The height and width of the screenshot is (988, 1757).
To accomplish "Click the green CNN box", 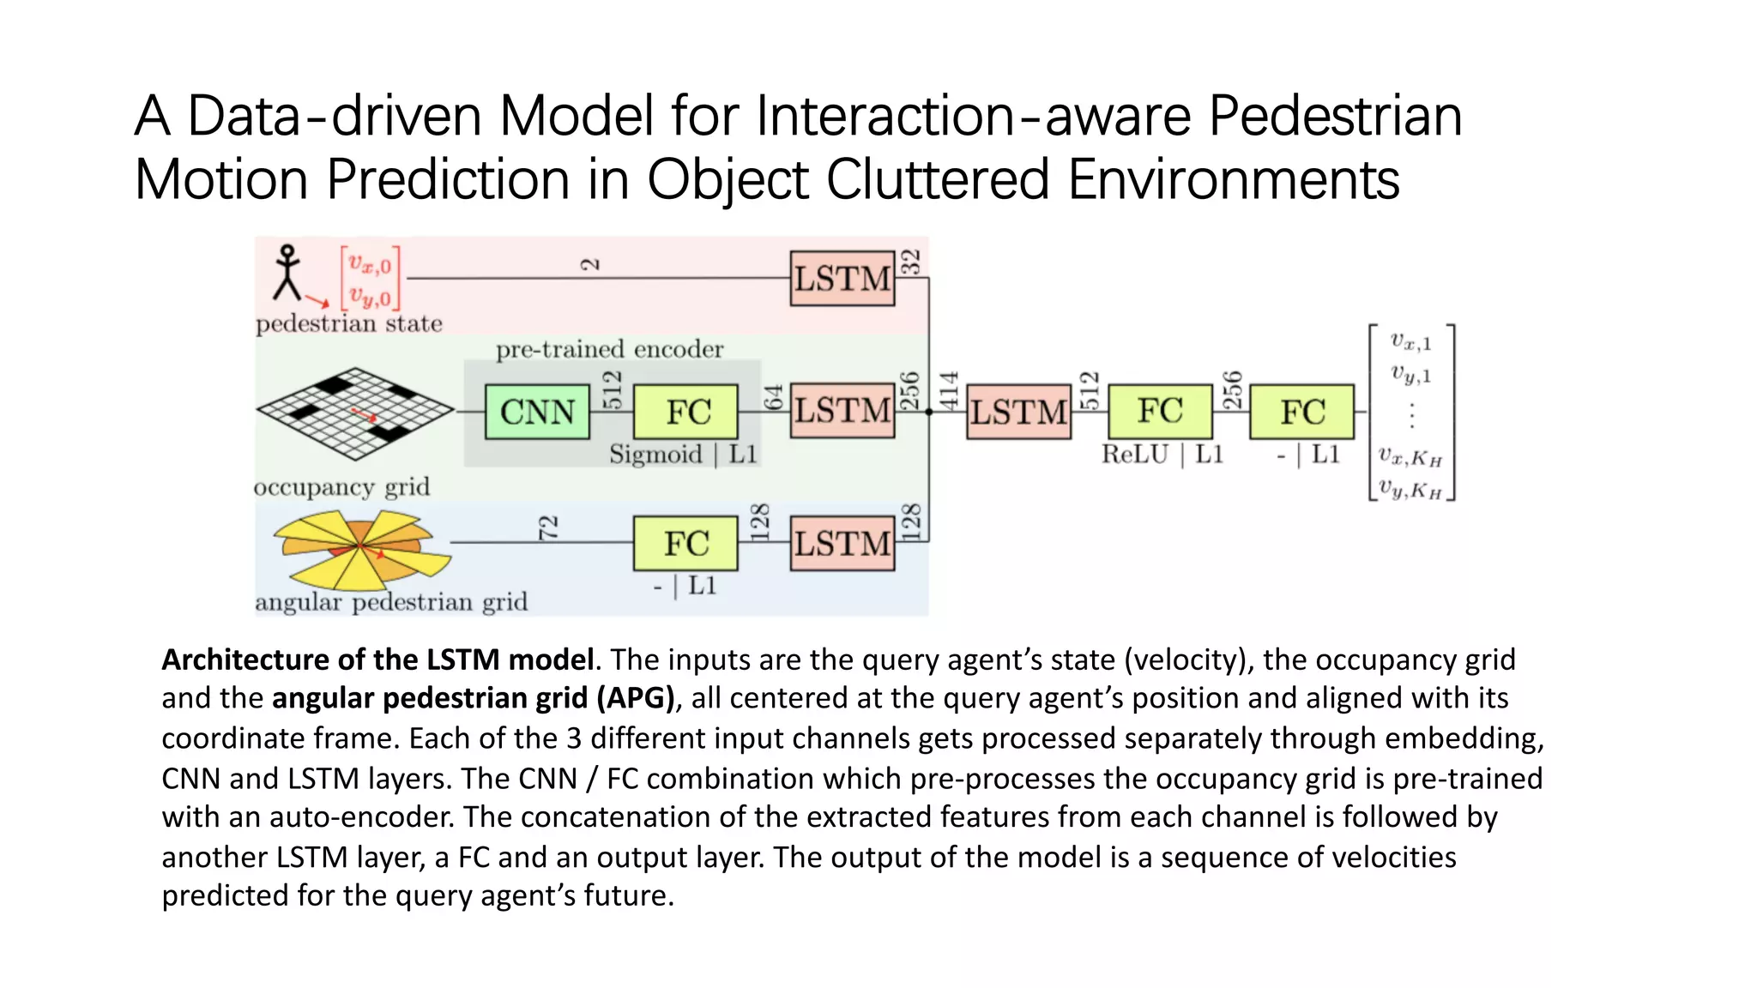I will [537, 412].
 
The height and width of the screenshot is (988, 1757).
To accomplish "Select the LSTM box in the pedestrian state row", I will [842, 279].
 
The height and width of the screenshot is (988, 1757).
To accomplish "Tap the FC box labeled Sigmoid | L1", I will [685, 412].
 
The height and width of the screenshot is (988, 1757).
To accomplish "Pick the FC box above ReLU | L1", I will [1160, 412].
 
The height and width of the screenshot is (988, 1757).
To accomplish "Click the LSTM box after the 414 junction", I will [1018, 412].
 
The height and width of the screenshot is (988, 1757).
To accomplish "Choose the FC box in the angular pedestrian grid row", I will [685, 543].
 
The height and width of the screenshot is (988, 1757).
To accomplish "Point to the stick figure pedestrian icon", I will [287, 273].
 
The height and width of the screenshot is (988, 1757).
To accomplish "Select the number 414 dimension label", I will [948, 390].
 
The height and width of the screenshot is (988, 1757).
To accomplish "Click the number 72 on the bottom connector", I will [548, 527].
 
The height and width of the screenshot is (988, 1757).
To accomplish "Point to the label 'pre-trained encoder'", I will [609, 349].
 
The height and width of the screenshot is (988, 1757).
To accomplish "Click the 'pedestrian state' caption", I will [349, 324].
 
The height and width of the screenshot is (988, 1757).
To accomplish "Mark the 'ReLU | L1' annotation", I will [1162, 455].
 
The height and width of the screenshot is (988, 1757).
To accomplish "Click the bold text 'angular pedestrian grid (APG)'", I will [474, 698].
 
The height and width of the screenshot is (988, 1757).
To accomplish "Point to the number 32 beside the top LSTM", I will [911, 262].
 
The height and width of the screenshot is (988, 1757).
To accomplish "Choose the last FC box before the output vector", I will [1301, 412].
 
